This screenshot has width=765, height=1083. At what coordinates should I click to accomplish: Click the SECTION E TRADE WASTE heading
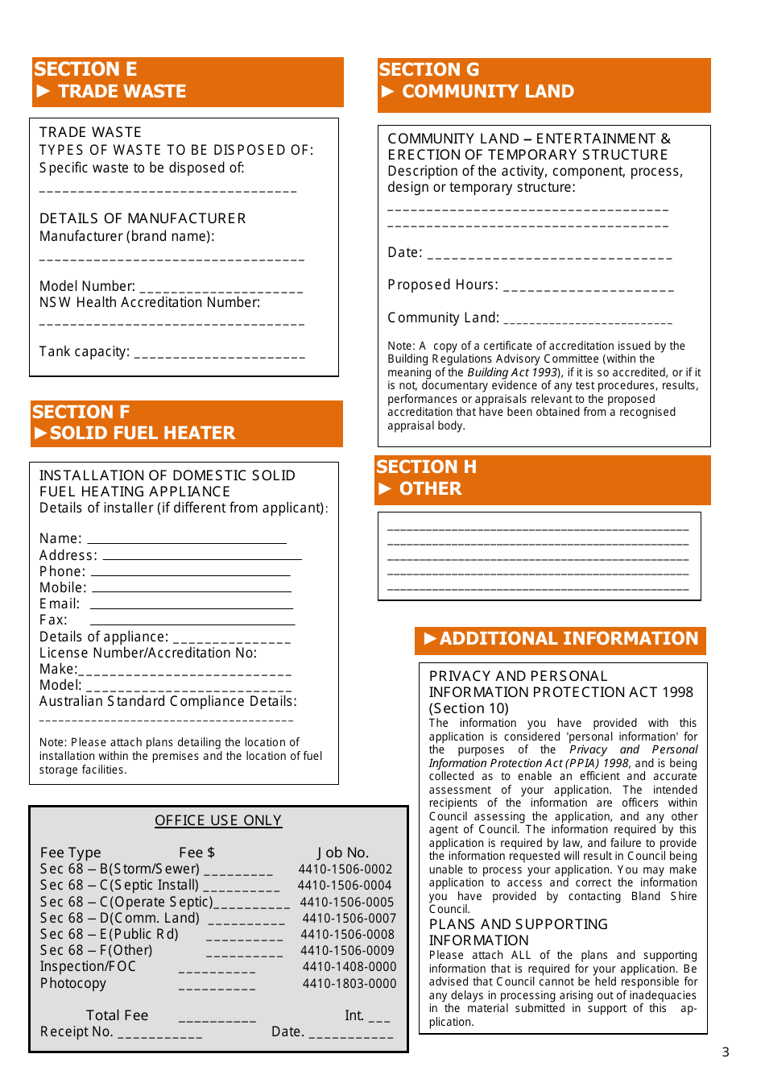(110, 81)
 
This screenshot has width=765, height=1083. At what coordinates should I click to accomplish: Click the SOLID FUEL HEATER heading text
(143, 434)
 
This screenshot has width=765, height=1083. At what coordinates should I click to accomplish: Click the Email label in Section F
(60, 604)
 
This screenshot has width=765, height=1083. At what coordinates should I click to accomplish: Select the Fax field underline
(192, 624)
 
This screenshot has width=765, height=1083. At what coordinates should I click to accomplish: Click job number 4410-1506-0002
(345, 869)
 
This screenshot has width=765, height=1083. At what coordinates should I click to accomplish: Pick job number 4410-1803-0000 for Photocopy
(349, 984)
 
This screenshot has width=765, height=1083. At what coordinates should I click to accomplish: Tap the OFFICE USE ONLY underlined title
(218, 820)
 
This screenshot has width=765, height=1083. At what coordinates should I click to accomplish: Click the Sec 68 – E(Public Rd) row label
(110, 935)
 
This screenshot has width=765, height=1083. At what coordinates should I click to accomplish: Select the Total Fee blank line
(217, 1021)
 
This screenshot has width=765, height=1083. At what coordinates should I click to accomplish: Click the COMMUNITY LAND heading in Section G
(488, 92)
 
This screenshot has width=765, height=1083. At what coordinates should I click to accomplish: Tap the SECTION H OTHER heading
(427, 478)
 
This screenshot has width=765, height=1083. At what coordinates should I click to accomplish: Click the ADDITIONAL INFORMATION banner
(560, 639)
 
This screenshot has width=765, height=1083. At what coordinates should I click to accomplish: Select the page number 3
(725, 1052)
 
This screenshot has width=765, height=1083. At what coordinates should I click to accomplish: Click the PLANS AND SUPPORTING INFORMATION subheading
(518, 932)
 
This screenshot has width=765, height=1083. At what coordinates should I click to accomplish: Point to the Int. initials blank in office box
(378, 1021)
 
